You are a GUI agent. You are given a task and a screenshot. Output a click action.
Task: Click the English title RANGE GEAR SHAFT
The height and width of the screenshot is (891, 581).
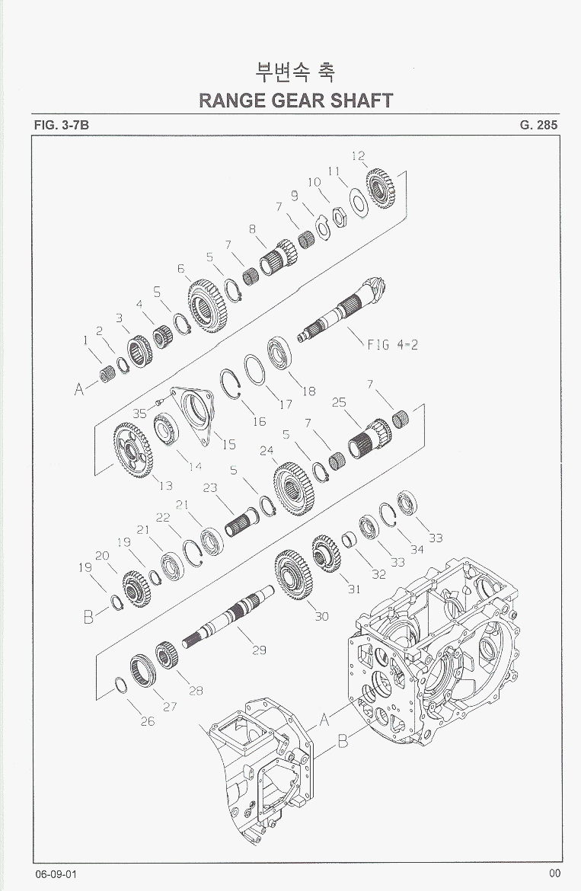point(296,101)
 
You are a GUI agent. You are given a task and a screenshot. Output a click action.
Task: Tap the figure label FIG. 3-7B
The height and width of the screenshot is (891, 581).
point(62,125)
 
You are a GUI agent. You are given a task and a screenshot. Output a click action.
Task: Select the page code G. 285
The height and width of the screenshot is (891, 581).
point(538,125)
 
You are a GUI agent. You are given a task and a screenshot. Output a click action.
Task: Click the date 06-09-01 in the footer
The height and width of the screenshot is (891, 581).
point(56,874)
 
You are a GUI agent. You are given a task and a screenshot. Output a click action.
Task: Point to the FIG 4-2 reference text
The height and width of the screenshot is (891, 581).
point(392,344)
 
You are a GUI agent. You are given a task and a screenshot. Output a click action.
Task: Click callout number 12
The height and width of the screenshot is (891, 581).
point(359,155)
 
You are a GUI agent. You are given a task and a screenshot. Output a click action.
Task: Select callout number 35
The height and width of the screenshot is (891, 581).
point(139,414)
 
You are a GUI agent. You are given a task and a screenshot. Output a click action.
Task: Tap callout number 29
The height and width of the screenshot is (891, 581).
point(259,650)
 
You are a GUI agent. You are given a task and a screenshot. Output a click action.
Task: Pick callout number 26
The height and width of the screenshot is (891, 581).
point(148,721)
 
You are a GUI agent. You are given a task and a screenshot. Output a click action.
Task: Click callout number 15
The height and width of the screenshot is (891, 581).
point(229,445)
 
